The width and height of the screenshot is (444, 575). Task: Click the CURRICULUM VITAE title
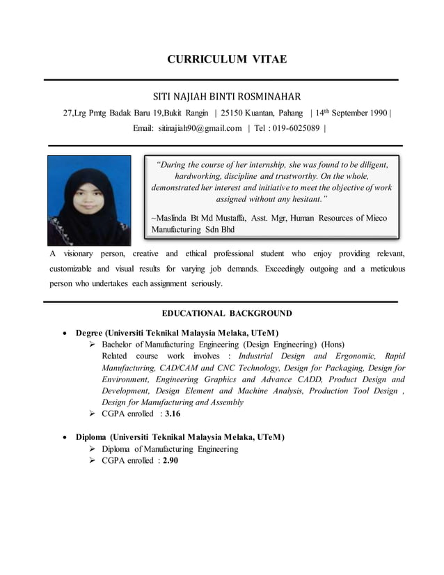point(226,59)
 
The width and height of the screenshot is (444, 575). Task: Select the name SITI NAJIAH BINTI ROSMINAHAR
point(226,97)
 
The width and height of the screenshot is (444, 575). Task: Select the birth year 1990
point(379,113)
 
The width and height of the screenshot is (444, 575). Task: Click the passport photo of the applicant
point(89,200)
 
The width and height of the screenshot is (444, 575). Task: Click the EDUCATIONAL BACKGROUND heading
point(226,313)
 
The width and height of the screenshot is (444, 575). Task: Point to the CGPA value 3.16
point(173,413)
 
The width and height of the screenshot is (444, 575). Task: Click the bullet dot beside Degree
point(65,333)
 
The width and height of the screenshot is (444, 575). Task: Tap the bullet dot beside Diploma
point(65,437)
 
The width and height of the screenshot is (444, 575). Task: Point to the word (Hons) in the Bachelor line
point(332,345)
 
